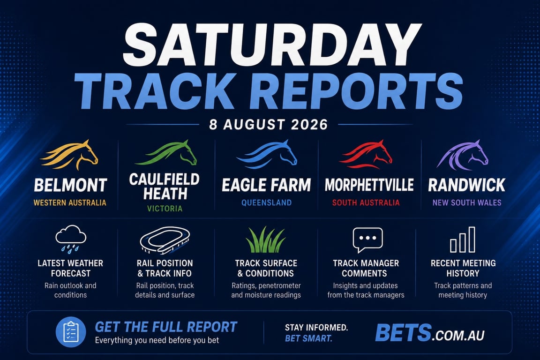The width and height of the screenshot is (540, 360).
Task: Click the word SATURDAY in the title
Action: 272,46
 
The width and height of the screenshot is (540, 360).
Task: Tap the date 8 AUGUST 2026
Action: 269,124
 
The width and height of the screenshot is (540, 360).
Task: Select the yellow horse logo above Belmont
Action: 69,155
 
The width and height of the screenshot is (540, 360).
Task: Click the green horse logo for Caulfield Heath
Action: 166,153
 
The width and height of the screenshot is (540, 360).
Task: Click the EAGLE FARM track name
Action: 266,185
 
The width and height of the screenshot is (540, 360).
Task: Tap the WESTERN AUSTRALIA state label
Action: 70,203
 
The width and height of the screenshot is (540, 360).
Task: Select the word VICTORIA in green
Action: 165,209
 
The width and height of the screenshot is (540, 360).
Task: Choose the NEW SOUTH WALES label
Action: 467,203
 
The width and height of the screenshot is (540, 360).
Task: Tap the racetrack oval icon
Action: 165,240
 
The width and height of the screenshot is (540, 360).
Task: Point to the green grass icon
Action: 265,240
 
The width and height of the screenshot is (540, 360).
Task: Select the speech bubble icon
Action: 368,240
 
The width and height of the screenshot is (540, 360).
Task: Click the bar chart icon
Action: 463,240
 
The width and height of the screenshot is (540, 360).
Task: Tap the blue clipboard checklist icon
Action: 71,332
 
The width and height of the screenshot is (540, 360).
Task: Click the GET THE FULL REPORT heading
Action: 166,327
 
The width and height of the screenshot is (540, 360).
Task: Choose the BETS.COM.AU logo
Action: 430,333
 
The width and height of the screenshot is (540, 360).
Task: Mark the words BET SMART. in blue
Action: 308,338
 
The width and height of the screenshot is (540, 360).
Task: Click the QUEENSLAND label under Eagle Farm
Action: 267,203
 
